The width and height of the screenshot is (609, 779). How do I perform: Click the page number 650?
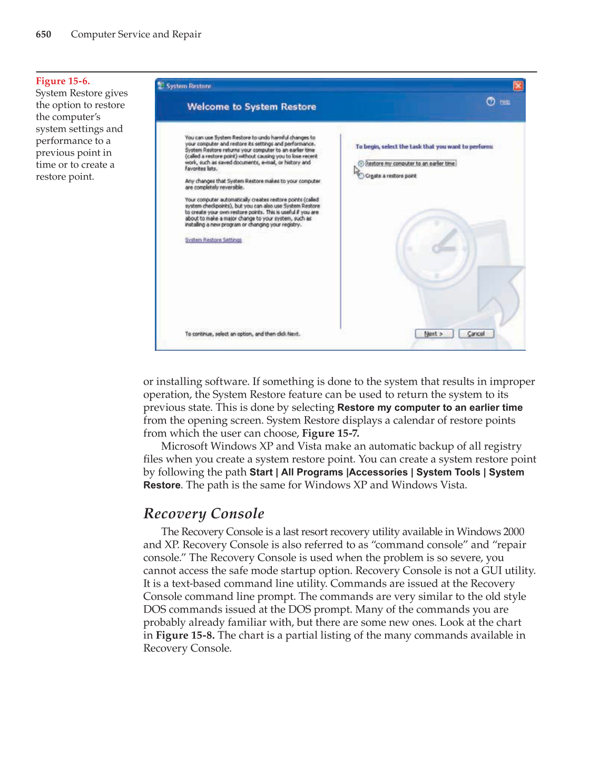43,35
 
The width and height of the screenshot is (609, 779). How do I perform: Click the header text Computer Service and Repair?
136,35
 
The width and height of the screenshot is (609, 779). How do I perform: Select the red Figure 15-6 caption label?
63,81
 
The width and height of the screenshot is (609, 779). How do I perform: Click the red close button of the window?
518,86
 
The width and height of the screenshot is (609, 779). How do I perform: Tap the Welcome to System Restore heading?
251,107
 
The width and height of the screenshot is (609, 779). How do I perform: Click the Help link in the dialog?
505,102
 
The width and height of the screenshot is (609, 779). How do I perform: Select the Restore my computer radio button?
361,164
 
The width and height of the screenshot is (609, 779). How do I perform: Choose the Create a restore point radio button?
361,176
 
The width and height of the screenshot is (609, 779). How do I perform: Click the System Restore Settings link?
213,240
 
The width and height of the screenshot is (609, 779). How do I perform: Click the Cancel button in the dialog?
476,334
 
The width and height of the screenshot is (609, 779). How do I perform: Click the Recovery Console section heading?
204,514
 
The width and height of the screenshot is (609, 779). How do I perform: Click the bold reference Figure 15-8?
185,635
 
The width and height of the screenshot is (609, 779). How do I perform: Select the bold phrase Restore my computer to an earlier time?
429,408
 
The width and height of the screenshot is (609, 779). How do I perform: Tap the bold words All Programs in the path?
312,472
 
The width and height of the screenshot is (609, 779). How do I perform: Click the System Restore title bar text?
189,86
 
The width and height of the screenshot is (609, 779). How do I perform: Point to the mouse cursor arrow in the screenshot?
356,170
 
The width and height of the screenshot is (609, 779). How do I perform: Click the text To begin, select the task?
424,147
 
